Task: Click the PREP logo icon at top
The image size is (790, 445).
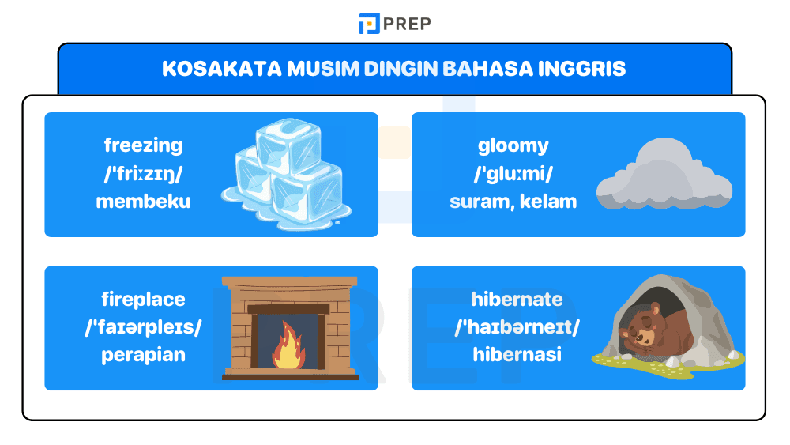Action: pyautogui.click(x=369, y=24)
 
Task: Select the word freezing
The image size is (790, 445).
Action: pyautogui.click(x=143, y=145)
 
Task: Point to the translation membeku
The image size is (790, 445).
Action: pyautogui.click(x=143, y=202)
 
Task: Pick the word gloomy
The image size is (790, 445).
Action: pyautogui.click(x=513, y=145)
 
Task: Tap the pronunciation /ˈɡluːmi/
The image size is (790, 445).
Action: pyautogui.click(x=513, y=174)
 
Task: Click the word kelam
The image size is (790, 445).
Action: pyautogui.click(x=550, y=202)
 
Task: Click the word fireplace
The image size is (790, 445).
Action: pyautogui.click(x=143, y=300)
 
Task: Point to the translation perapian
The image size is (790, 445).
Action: pyautogui.click(x=143, y=355)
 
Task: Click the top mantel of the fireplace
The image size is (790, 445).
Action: pyautogui.click(x=290, y=282)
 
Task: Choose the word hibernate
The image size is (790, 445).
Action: pyautogui.click(x=517, y=300)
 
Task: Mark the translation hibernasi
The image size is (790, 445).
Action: pyautogui.click(x=517, y=355)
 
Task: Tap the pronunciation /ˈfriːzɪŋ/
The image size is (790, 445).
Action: pyautogui.click(x=143, y=174)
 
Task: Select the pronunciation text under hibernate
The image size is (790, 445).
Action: pyautogui.click(x=517, y=327)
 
